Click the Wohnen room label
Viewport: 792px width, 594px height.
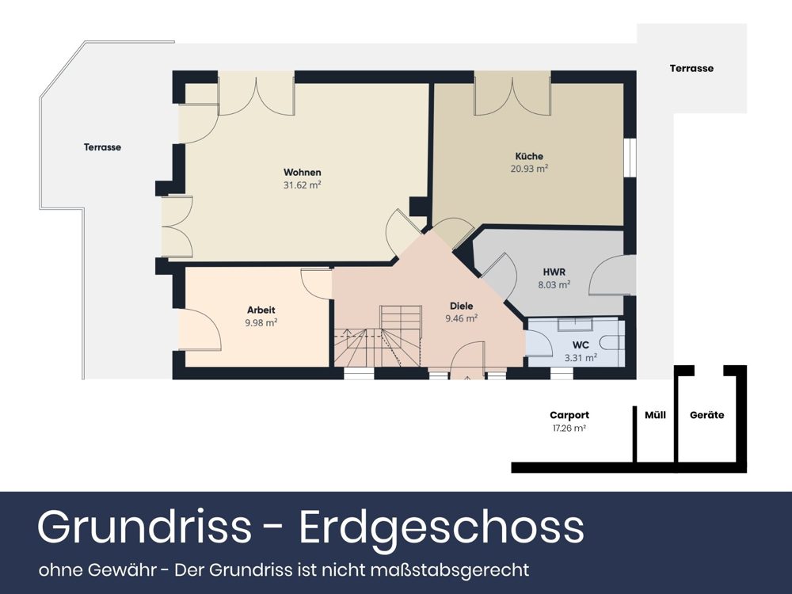click(303, 173)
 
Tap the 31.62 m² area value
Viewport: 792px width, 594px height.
click(303, 185)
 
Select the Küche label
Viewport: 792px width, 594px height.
click(529, 156)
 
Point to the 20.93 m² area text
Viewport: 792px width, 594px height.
click(530, 168)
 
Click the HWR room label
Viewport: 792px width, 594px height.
click(554, 272)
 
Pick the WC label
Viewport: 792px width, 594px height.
click(581, 345)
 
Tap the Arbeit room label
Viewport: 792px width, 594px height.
click(261, 310)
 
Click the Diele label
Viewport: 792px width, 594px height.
click(461, 306)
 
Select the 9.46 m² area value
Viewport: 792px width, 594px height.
click(461, 318)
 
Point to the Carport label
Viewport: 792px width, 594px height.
click(569, 415)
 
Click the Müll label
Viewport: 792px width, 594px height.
click(656, 415)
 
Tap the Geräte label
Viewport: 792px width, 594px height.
click(706, 415)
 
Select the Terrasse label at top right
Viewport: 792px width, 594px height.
click(691, 68)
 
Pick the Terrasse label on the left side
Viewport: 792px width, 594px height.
click(103, 147)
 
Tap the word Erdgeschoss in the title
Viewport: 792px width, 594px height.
click(441, 527)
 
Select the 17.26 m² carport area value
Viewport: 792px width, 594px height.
click(569, 428)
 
